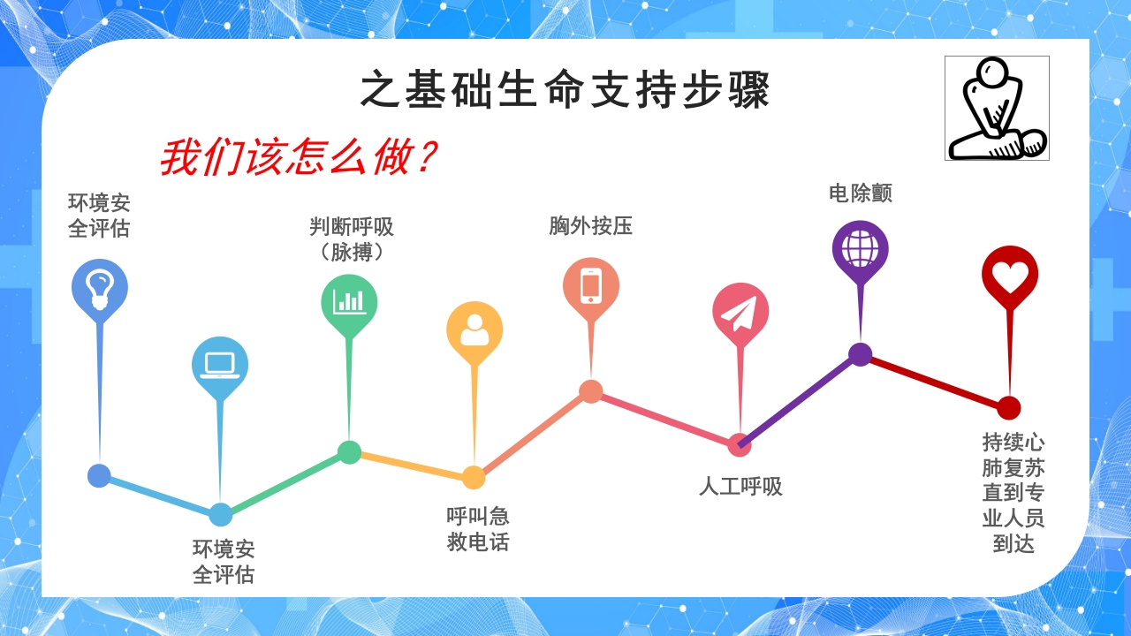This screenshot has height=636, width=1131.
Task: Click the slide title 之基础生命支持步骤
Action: point(565,90)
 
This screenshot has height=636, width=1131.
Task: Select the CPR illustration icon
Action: point(997,108)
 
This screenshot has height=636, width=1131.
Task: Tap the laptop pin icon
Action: point(220,364)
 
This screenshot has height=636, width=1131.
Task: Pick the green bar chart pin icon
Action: point(349,301)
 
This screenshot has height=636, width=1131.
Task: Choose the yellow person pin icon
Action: point(474,329)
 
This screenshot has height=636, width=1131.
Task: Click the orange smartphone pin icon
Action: point(591,285)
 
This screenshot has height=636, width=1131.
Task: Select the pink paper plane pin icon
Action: point(740,311)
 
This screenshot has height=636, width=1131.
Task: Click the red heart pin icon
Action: point(1009,275)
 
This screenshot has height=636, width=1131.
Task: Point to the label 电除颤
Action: point(860,193)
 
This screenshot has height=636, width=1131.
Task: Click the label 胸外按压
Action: point(591,226)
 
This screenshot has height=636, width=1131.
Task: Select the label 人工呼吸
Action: point(740,487)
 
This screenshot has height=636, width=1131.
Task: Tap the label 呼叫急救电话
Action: point(478,529)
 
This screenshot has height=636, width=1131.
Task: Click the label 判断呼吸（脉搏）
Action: point(351,239)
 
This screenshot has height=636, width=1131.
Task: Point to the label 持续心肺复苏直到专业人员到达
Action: point(1013,492)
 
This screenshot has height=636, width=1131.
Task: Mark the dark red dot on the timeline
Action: point(1009,408)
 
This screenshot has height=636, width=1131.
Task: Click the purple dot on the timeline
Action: point(861,354)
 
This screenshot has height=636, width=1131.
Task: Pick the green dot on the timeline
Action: point(350,452)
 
